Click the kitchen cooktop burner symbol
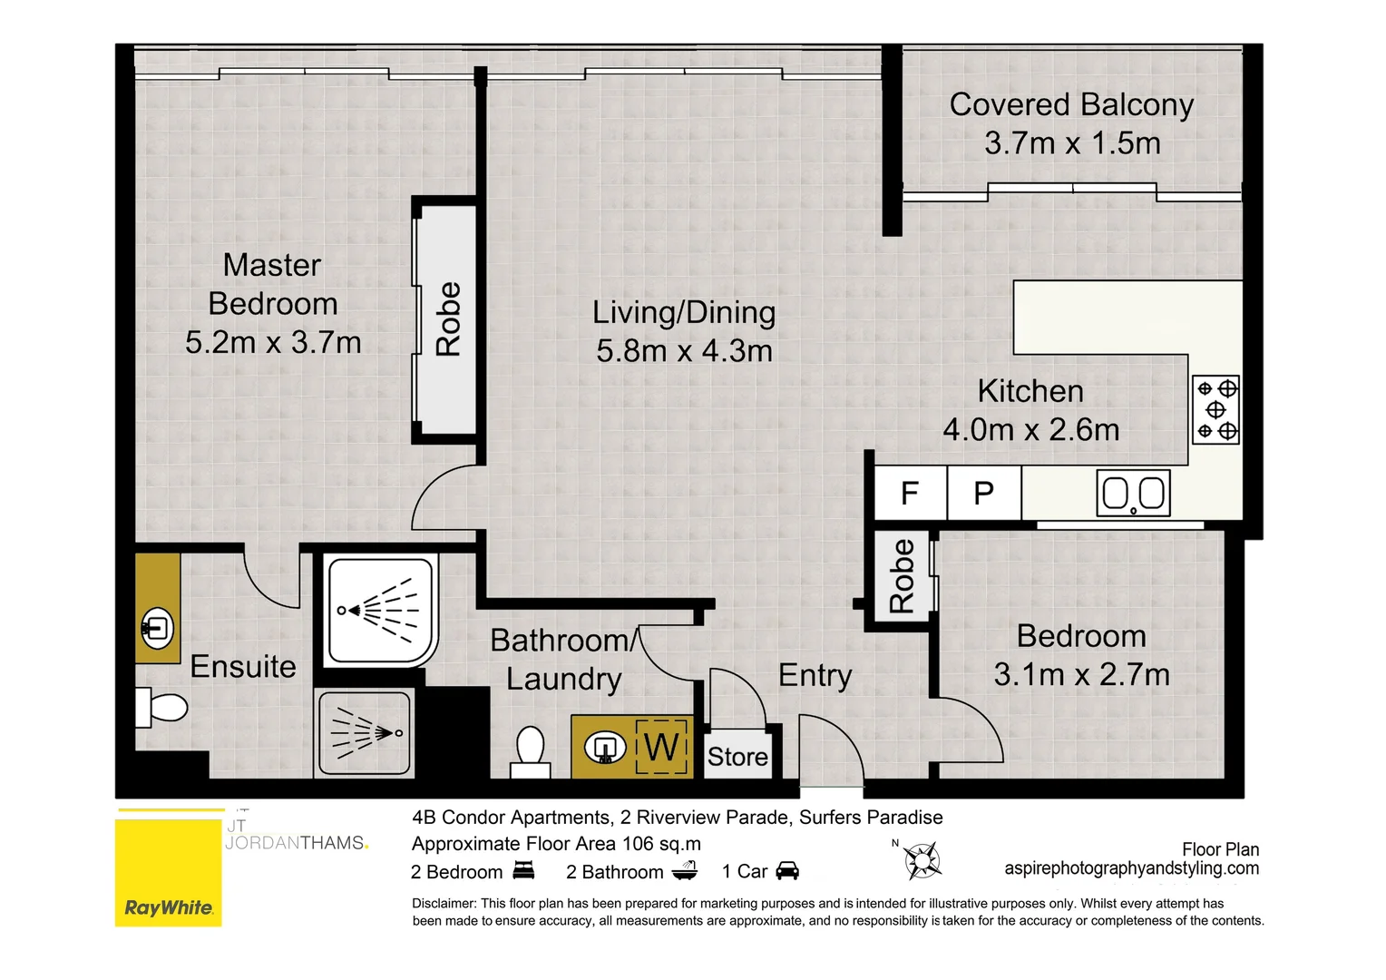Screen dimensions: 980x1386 pos(1215,410)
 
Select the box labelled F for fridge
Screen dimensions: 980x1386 pos(910,494)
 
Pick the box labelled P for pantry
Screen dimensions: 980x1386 pos(984,494)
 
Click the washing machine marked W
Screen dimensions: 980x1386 pos(662,748)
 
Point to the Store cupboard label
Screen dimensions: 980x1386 pos(737,757)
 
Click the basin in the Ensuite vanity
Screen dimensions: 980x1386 pos(157,627)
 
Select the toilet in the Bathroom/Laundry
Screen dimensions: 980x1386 pos(530,751)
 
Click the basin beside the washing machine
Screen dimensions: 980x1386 pos(604,748)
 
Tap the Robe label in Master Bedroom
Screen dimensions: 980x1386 pos(448,318)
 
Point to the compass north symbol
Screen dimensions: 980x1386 pos(922,860)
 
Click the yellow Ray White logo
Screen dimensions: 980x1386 pos(169,872)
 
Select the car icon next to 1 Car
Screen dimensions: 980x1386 pos(787,871)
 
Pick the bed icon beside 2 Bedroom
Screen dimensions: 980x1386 pos(523,871)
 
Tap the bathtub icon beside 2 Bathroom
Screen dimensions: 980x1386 pos(685,871)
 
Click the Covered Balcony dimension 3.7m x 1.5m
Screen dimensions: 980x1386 pos(1072,143)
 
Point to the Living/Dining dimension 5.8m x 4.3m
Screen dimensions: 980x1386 pos(684,351)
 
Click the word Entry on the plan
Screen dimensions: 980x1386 pos(815,675)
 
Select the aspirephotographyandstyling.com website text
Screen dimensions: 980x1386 pos(1131,868)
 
